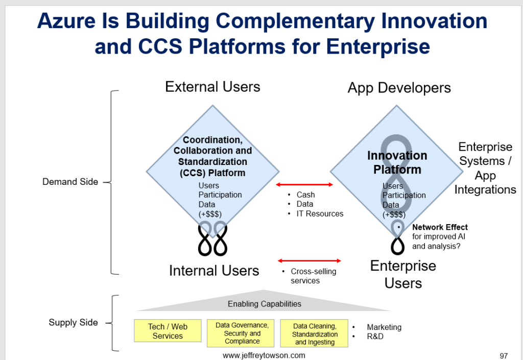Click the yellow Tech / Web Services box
(168, 331)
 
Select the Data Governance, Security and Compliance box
(242, 333)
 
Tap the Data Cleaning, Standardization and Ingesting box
(314, 333)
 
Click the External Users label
(212, 87)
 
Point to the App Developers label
(399, 88)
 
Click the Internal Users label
(214, 270)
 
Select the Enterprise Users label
(403, 274)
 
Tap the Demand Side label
(70, 182)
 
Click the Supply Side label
(73, 322)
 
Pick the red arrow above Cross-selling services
(309, 260)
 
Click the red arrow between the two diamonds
(304, 184)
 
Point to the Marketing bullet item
(384, 327)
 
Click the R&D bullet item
(375, 337)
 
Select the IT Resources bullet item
(320, 213)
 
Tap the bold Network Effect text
(440, 227)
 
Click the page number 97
(504, 355)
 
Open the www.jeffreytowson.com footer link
(264, 355)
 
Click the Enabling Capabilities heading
(264, 304)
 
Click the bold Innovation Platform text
(397, 162)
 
